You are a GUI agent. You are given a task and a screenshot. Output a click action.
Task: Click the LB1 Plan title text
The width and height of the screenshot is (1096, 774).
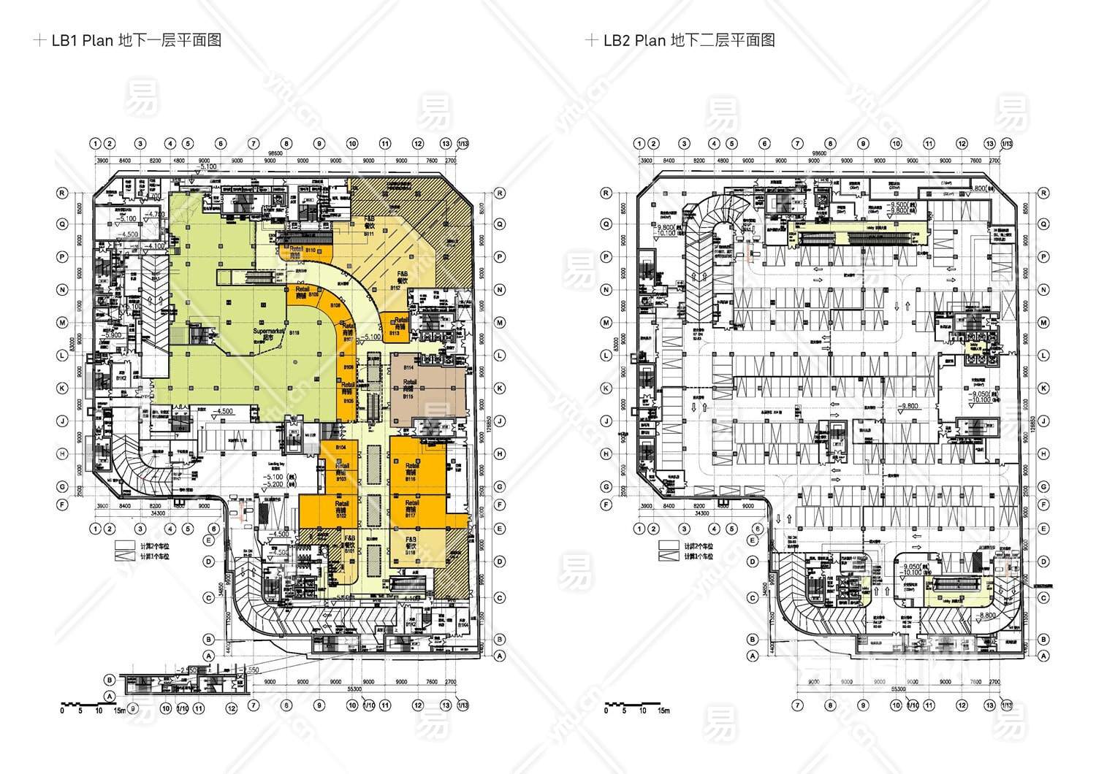click(x=136, y=40)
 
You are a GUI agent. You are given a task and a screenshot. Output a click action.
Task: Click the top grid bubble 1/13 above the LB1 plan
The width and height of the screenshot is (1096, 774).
click(x=463, y=144)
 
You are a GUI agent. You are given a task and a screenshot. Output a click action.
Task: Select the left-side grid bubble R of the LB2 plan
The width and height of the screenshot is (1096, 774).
click(x=606, y=193)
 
